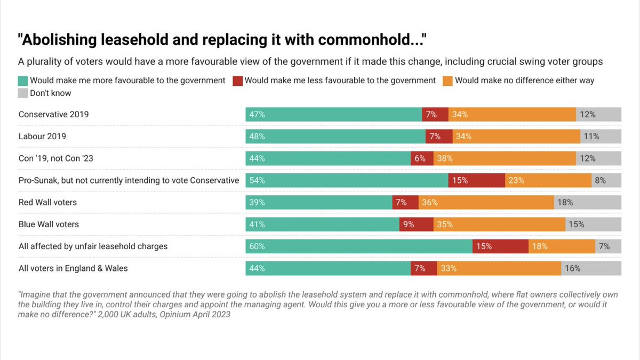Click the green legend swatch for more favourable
tap(23, 81)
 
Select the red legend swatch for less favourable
tap(238, 81)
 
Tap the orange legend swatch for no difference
tap(447, 81)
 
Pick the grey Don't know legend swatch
tap(23, 93)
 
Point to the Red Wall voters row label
tap(47, 202)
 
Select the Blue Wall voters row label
tap(49, 224)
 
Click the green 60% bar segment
tap(359, 246)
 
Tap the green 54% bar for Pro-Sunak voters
tap(347, 180)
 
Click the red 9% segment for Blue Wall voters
tap(416, 224)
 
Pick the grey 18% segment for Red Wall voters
tap(587, 202)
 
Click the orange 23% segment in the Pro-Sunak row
tap(548, 180)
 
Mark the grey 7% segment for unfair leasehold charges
tap(608, 246)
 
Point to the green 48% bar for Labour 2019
tap(335, 137)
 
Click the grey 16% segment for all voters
tap(591, 268)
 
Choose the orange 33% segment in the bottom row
tap(499, 268)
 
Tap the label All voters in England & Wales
tap(73, 268)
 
